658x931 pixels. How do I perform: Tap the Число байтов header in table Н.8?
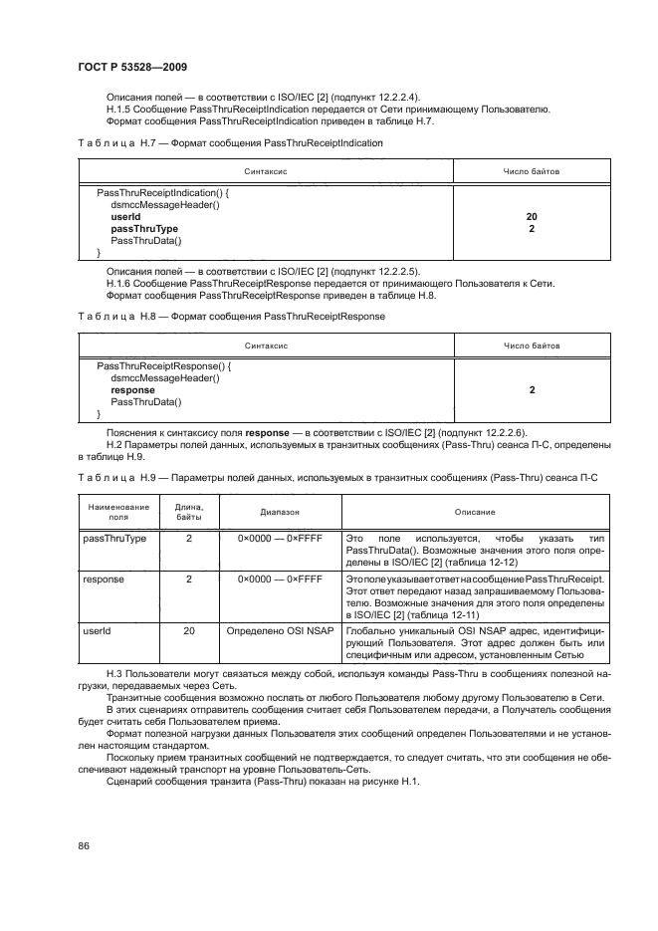pos(532,346)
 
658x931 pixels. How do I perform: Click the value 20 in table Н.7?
pos(532,216)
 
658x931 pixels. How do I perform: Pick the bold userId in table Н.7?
pos(125,216)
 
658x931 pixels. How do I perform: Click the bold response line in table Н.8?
pos(132,390)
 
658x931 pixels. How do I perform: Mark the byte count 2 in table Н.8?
pos(532,390)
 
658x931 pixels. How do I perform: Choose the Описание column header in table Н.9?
pos(475,511)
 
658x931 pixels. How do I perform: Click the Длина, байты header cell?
pos(189,512)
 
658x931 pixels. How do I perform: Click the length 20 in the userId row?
pos(189,630)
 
